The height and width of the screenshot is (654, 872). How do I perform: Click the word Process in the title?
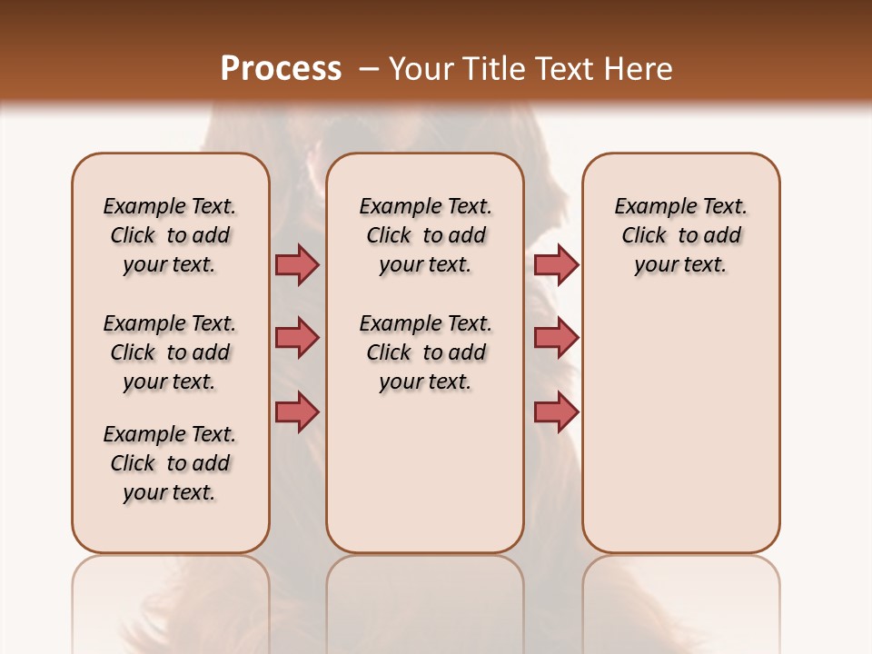tap(281, 68)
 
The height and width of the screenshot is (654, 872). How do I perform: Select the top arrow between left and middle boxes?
tap(297, 264)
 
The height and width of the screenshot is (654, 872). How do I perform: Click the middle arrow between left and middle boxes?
tap(297, 338)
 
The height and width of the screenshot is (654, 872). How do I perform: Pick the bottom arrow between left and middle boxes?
tap(297, 411)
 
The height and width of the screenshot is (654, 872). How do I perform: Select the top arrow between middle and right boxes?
tap(556, 264)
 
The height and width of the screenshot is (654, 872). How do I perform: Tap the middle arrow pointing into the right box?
tap(556, 338)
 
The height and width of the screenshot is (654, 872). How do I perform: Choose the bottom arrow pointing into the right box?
tap(556, 411)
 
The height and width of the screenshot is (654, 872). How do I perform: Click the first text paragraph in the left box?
tap(170, 235)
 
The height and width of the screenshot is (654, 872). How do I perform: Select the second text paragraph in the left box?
tap(170, 352)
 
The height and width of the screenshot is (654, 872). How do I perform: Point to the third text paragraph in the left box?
tap(170, 463)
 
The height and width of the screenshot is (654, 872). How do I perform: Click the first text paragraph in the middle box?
tap(425, 235)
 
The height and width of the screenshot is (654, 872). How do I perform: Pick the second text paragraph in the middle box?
tap(425, 352)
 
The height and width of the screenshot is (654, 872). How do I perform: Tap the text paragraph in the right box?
tap(681, 235)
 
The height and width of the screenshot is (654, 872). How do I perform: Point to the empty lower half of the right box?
tap(681, 436)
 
